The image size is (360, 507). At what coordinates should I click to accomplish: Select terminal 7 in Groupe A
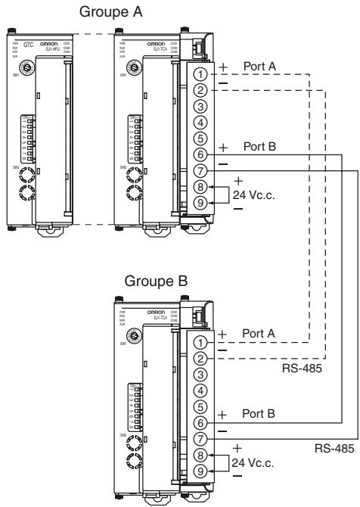(199, 171)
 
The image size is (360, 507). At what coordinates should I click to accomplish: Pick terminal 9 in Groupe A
(199, 203)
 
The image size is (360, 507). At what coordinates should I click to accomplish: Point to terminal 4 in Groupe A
(199, 123)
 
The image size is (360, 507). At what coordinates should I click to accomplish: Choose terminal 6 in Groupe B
(199, 421)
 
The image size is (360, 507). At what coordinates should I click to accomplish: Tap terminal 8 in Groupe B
(199, 454)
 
